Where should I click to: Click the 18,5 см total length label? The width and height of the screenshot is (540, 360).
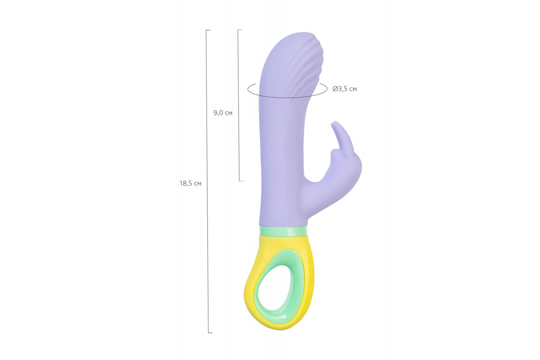point(190,184)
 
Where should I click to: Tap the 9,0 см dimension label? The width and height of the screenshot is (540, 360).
point(223,113)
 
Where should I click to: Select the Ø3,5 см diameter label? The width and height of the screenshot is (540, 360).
point(345,89)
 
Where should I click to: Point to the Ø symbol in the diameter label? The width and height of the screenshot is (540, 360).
point(335,89)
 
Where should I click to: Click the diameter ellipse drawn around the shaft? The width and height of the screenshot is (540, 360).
point(287,97)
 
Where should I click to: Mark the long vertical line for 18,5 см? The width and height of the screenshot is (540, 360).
point(207,181)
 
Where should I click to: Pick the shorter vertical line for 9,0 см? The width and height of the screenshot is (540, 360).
point(238,105)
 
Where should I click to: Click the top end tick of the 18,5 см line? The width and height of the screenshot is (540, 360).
point(208,30)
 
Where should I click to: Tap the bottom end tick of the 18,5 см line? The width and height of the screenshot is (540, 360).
point(211,333)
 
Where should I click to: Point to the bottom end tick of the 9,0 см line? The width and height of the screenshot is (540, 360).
point(241,180)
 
